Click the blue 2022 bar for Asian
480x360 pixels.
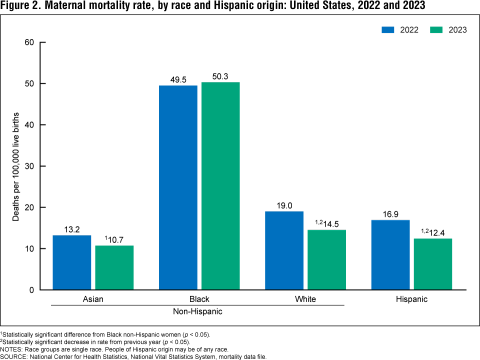click(71, 262)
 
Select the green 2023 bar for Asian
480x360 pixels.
click(114, 267)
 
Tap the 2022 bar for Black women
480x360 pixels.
click(178, 187)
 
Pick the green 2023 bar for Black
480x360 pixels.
click(220, 186)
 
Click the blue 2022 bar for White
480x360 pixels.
click(284, 250)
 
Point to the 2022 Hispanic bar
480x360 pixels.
click(390, 255)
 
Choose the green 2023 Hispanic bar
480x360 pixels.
click(433, 264)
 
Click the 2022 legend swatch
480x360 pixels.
click(388, 29)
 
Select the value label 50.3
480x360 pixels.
click(220, 76)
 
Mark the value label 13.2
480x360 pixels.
click(71, 229)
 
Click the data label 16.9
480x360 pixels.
click(390, 214)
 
